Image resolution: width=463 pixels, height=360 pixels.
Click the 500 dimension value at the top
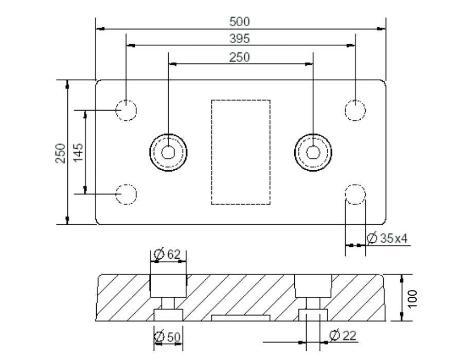pos(240,21)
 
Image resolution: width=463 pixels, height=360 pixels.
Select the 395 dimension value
pos(240,39)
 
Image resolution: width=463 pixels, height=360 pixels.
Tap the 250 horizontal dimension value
pos(240,57)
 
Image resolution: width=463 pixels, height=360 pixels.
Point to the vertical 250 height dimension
pos(61,153)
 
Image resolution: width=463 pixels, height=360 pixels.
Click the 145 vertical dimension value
pos(78,153)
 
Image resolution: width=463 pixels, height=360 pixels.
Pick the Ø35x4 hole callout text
pos(388,238)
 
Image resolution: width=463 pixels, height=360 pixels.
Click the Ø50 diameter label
pos(168,337)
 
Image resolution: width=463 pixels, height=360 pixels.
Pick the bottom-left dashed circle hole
pos(126,194)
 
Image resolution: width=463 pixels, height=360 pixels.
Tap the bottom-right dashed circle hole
pos(355,194)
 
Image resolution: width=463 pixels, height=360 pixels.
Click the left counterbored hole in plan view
pos(168,152)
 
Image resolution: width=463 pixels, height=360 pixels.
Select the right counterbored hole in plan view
pos(312,152)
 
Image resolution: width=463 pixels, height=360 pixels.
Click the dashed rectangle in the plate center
pos(240,152)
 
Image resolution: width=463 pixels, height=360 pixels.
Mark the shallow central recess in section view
pos(240,317)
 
